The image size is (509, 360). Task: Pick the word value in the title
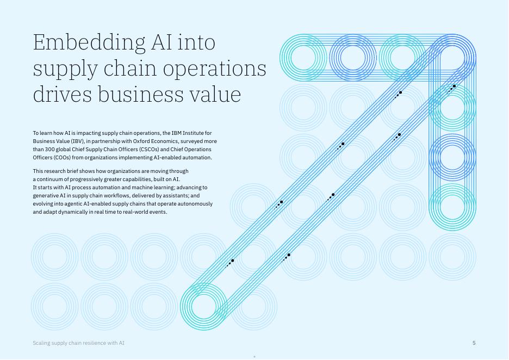coord(213,94)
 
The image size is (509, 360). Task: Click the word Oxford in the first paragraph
coord(142,141)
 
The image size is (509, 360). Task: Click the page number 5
coord(474,343)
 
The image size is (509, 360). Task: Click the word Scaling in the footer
coord(41,343)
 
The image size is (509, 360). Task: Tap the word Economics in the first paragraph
coord(166,141)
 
